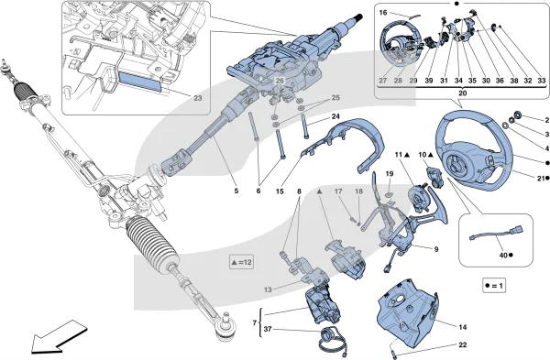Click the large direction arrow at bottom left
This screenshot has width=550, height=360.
coord(58,336)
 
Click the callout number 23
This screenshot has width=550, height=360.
coord(198,98)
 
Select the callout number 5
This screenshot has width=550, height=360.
coord(236,191)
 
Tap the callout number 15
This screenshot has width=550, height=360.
coord(280,191)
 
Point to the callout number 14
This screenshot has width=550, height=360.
coord(463,327)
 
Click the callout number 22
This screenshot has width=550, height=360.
coord(463,345)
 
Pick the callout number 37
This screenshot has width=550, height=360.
coord(268,329)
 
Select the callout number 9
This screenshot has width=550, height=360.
coord(436,249)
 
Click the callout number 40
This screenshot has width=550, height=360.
coord(503,256)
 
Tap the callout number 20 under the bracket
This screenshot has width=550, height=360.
coord(463,93)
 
